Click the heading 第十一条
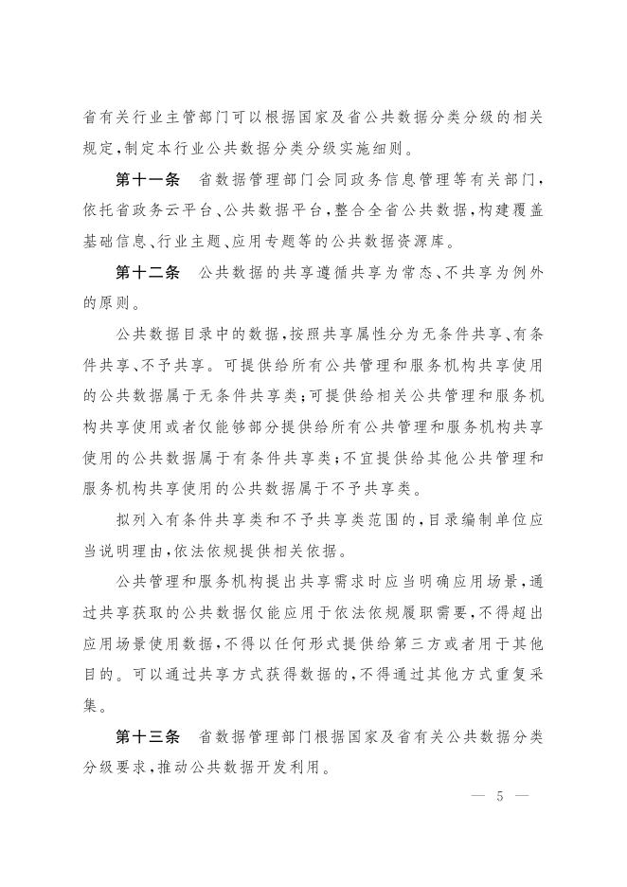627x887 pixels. pos(147,180)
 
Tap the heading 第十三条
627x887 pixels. pos(147,736)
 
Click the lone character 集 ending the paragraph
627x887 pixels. pos(92,705)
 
